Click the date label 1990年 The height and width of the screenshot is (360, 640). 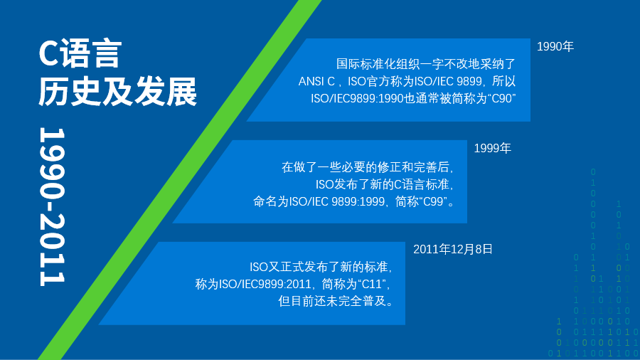555,46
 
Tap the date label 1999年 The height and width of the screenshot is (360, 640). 492,148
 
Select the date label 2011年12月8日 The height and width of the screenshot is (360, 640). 453,250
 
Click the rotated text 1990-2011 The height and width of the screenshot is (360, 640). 52,206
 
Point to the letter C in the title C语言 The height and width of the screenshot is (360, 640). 48,53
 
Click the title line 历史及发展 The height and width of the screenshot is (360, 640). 117,91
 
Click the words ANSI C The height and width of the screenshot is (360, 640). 316,81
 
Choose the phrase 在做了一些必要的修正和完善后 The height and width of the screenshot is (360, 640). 366,167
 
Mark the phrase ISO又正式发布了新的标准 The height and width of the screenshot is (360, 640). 319,267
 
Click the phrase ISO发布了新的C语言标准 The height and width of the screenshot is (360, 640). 382,184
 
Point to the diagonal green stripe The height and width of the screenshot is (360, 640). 180,180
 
